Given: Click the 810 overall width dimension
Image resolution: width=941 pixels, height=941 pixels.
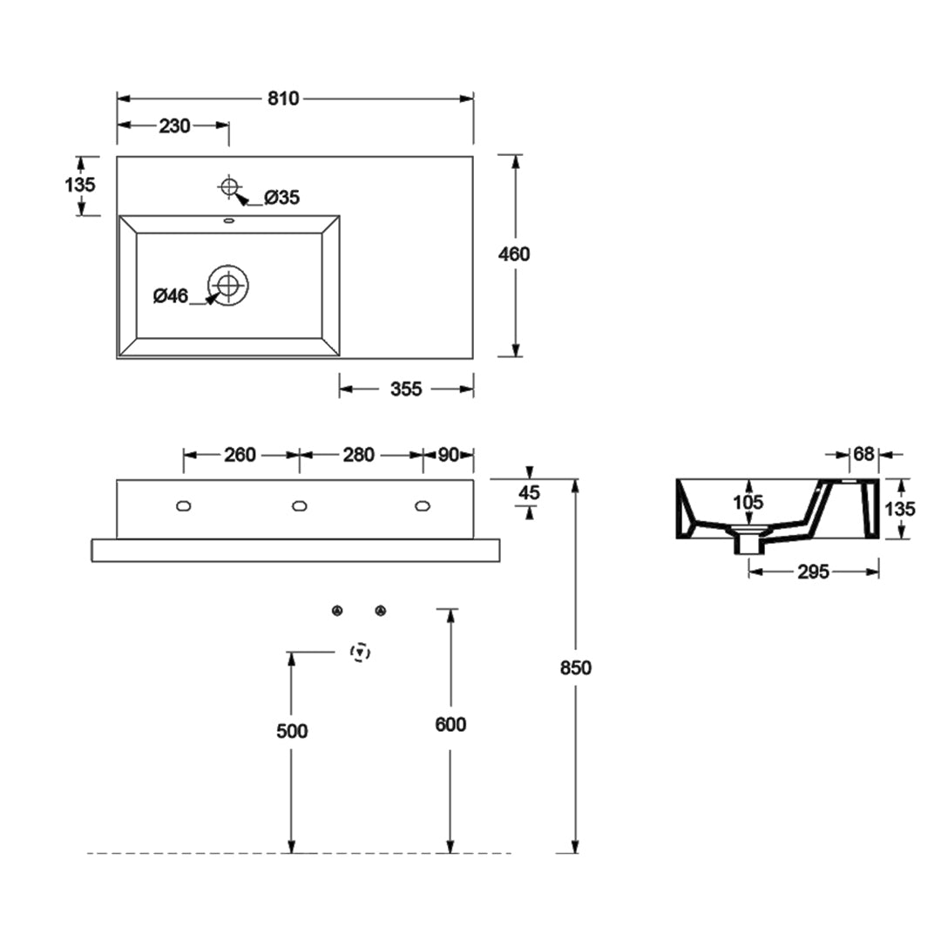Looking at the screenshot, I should (x=283, y=98).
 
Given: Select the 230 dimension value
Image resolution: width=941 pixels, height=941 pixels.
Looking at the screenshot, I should (x=175, y=126).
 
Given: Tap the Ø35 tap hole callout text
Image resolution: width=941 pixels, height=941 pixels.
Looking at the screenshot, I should (x=281, y=198).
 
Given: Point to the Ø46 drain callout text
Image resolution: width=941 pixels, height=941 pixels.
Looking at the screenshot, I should (x=171, y=296).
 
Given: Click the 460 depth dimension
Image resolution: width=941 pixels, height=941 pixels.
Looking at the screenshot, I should (x=514, y=254).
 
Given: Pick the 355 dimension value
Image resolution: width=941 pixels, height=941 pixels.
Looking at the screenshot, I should (x=406, y=389).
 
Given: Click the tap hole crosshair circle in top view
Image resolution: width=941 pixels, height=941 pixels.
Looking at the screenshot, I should (x=229, y=185).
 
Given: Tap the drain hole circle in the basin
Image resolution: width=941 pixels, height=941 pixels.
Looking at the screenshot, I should (x=228, y=284).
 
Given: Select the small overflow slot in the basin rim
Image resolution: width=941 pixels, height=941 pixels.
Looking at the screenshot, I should (x=228, y=221).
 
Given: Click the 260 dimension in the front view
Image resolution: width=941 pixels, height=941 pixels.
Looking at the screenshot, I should (x=240, y=455).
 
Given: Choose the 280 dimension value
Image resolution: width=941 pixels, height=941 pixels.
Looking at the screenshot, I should (x=359, y=455).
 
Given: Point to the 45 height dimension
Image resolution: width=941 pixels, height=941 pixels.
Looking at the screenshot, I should (x=529, y=493).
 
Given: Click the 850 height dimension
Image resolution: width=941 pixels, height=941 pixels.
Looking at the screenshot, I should (x=576, y=667).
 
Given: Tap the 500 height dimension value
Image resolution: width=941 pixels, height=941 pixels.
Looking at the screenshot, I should (x=292, y=731).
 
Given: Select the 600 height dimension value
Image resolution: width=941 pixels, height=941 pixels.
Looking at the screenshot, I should (x=450, y=724).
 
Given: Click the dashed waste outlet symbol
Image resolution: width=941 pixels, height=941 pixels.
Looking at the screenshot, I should (x=360, y=652).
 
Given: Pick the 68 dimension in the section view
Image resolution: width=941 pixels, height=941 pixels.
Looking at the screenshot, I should (x=863, y=454).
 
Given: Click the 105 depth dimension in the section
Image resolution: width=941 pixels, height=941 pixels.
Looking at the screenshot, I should (x=748, y=502).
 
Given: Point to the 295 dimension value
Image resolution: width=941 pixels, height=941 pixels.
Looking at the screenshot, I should (x=813, y=572).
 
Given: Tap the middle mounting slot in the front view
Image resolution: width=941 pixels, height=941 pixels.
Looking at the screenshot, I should (x=299, y=505).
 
